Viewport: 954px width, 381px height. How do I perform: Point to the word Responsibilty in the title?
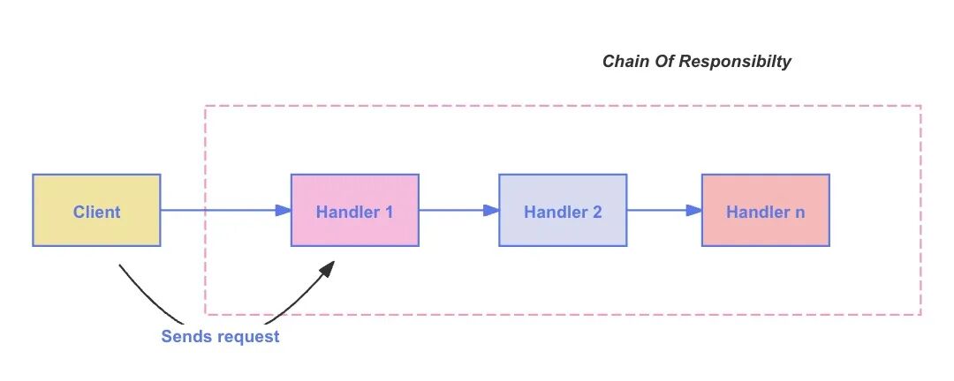pyautogui.click(x=740, y=62)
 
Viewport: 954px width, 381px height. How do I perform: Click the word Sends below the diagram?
pyautogui.click(x=185, y=336)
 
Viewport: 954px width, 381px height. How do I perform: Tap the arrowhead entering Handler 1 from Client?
pyautogui.click(x=284, y=210)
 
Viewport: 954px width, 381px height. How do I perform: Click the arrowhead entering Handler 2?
pyautogui.click(x=491, y=210)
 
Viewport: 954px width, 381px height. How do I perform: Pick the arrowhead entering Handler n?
pyautogui.click(x=694, y=210)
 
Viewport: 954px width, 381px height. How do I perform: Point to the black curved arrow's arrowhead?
pyautogui.click(x=328, y=268)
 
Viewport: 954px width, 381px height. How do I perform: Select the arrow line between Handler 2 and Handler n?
pyautogui.click(x=658, y=210)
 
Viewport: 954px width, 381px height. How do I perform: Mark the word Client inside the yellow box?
pyautogui.click(x=96, y=212)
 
